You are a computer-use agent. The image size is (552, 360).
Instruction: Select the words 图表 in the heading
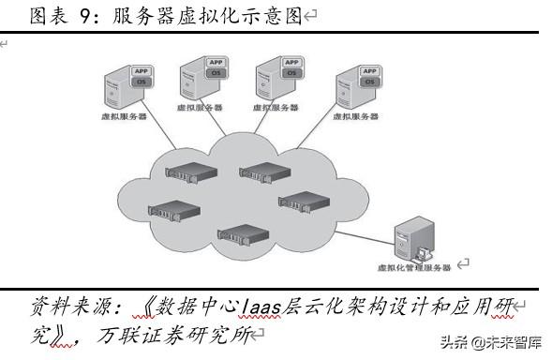[x=47, y=16]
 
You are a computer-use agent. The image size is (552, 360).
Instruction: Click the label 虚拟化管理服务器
[x=412, y=267]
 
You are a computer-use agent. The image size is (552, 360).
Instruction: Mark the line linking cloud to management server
[x=366, y=226]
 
